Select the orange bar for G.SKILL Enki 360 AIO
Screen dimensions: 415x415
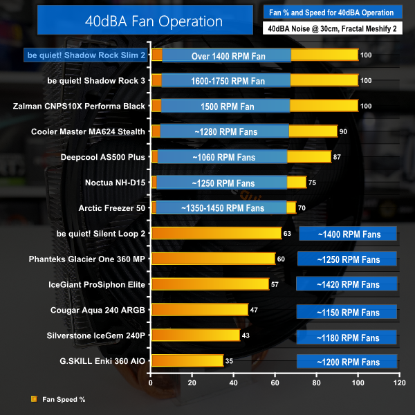coord(187,361)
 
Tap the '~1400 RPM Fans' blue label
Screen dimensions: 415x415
coord(348,234)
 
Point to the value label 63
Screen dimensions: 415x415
coord(287,234)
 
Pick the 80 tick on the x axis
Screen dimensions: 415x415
coord(316,382)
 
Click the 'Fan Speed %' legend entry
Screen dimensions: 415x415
coord(63,399)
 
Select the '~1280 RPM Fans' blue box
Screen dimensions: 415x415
coord(224,131)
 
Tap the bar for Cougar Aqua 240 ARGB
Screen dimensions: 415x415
coord(199,310)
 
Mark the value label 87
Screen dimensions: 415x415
coord(337,158)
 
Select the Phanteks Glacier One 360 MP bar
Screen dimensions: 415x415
coord(213,259)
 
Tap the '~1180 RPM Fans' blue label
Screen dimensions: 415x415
coord(348,337)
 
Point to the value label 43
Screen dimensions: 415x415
coord(245,335)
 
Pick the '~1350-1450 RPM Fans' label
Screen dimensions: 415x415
coord(222,207)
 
